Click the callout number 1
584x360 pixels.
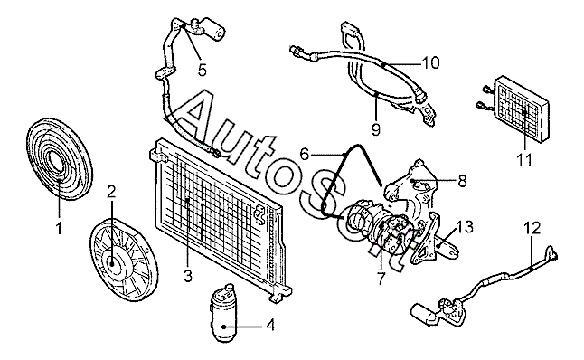coord(59,228)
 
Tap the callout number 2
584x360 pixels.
coord(111,192)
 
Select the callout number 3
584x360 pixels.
coord(188,276)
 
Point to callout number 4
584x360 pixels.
coord(271,325)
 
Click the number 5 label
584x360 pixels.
coord(203,70)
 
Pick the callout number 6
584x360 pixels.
coord(305,154)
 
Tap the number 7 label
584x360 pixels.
coord(381,279)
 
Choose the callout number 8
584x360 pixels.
coord(462,181)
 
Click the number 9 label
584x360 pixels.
coord(376,129)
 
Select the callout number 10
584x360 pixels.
coord(430,63)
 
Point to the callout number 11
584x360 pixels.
coord(524,160)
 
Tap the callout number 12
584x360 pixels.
coord(532,228)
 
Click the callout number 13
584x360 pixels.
coord(464,227)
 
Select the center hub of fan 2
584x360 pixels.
coord(112,261)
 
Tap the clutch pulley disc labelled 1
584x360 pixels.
coord(59,159)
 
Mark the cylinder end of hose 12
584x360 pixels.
coord(423,312)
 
